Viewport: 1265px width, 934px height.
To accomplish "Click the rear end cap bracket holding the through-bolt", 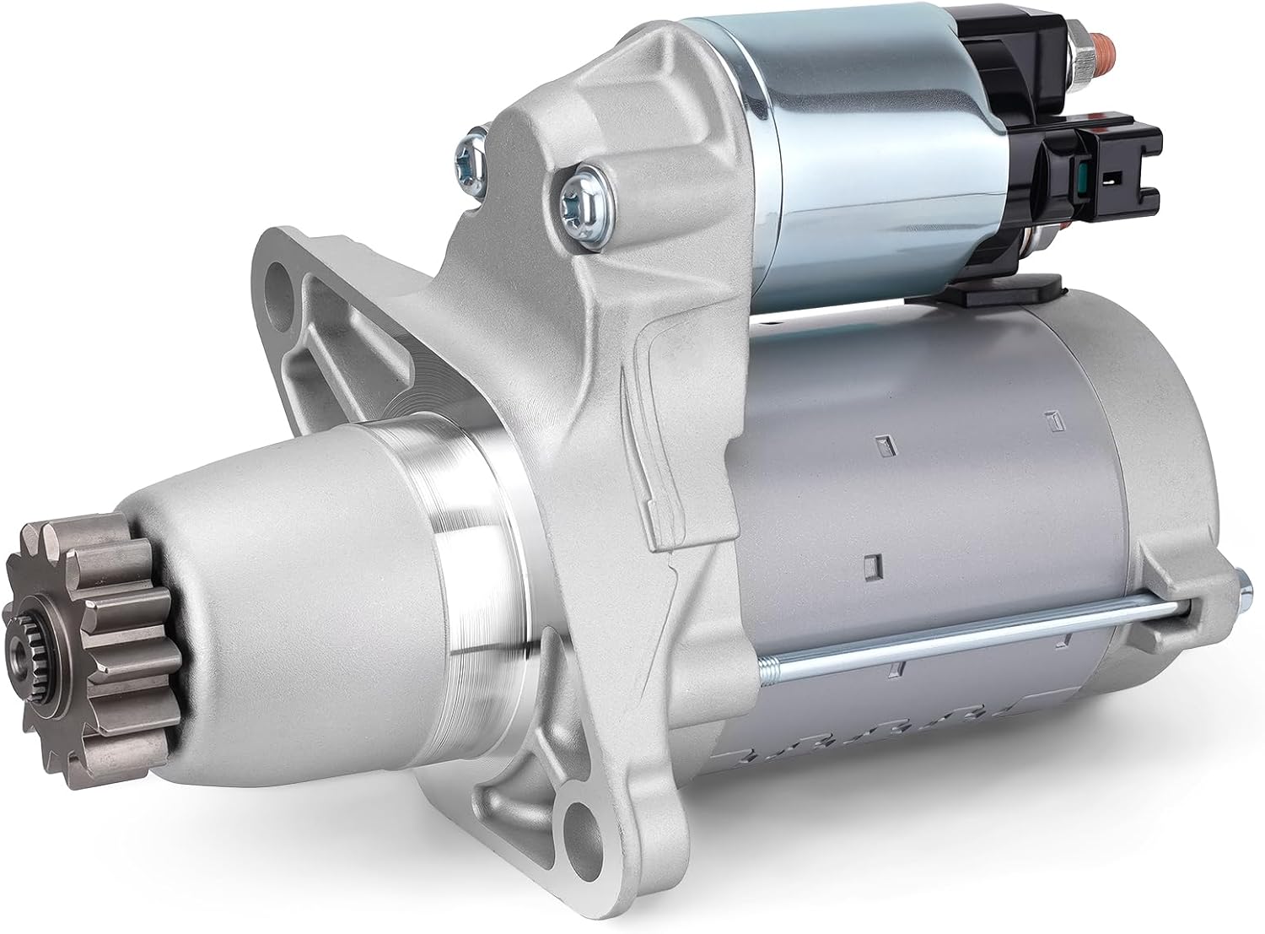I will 1181,582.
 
